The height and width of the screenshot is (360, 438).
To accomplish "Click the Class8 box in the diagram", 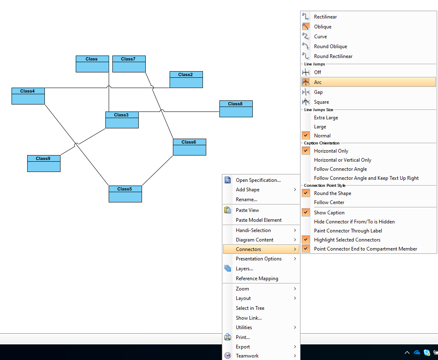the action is [236, 109].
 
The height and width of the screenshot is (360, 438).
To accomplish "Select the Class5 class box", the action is [125, 194].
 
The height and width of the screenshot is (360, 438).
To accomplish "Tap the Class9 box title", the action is [43, 158].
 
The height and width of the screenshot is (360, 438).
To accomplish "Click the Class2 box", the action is [186, 79].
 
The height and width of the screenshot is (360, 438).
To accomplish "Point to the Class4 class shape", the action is [28, 96].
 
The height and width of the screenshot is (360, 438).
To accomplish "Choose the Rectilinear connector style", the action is [325, 17].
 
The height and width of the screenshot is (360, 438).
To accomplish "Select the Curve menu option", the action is [320, 37].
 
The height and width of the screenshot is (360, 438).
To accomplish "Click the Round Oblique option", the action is [331, 46].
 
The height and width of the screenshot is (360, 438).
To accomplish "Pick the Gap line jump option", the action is [318, 92].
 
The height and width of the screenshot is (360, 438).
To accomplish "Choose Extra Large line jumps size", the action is [326, 118].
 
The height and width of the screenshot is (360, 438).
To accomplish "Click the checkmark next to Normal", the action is [306, 135].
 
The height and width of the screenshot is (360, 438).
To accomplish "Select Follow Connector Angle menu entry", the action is [340, 169].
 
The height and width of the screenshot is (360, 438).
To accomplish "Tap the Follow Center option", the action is [329, 202].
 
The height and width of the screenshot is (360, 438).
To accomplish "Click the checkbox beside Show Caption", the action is [306, 213].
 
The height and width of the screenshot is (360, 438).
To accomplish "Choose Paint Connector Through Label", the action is [348, 231].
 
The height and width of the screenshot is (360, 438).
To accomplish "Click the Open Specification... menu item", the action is [258, 180].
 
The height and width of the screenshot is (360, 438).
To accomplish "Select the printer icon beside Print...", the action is [228, 337].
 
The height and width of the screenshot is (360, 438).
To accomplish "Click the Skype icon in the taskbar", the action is [426, 353].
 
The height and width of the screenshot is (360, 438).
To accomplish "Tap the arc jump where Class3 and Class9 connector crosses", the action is [76, 145].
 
